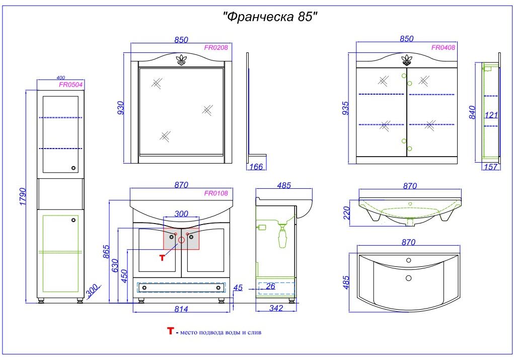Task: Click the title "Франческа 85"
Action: point(270,16)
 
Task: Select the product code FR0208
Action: point(215,47)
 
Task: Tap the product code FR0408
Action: point(443,47)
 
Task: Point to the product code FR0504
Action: point(71,85)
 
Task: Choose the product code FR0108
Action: point(215,193)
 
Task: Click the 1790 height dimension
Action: point(23,196)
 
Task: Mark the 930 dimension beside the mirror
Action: point(121,108)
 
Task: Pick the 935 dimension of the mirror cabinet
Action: point(345,108)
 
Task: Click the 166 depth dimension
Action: point(256,167)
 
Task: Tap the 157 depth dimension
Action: point(491,167)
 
